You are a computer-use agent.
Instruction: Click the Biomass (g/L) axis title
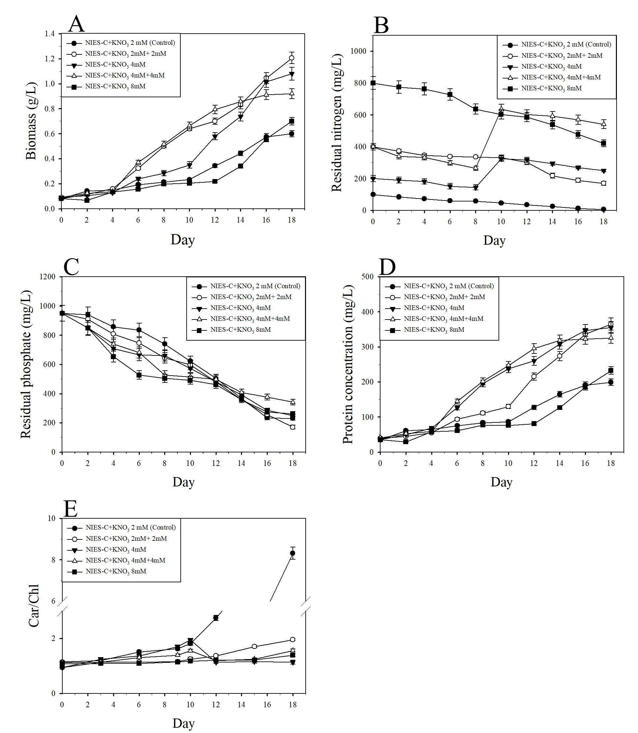point(31,121)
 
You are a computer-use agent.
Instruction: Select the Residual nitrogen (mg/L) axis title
point(336,123)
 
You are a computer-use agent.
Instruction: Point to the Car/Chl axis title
point(33,606)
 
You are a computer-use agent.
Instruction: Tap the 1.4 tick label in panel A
point(50,34)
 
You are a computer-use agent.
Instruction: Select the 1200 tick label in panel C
point(48,277)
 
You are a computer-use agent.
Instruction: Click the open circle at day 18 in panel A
point(291,58)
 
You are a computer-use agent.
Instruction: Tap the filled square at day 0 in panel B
point(373,83)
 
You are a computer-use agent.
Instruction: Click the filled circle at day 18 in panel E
point(293,553)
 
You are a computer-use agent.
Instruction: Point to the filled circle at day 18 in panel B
point(604,209)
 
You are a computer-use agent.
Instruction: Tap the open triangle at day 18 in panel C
point(293,402)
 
